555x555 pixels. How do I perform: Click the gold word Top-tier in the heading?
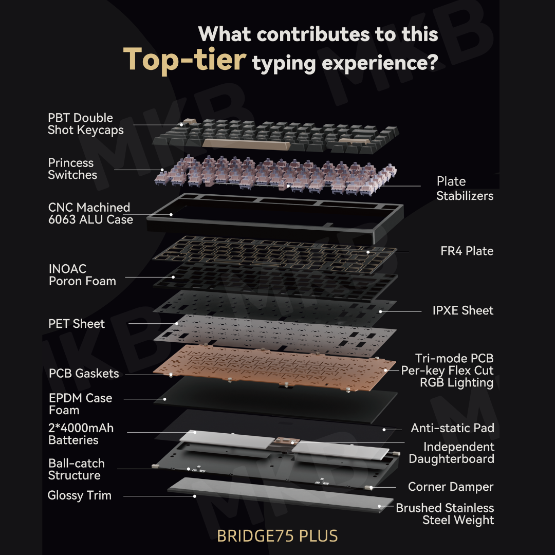coord(184,60)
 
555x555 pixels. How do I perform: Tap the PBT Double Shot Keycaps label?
coord(86,124)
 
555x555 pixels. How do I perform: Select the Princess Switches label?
coord(72,169)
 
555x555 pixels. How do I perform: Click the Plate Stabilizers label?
coord(465,188)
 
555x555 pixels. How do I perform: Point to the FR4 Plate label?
coord(467,251)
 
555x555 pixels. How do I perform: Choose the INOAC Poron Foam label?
coord(82,274)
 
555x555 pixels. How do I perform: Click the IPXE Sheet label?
coord(463,310)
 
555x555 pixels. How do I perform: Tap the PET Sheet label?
coord(77,324)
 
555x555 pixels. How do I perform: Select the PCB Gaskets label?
coord(84,374)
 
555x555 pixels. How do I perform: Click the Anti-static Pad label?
coord(452,428)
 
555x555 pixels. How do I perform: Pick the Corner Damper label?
coord(451,487)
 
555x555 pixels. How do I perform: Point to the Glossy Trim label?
coord(79,495)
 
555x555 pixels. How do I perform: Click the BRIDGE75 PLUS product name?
coord(277,536)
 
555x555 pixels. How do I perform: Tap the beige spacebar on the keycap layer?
coord(246,143)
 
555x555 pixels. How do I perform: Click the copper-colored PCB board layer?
coord(274,368)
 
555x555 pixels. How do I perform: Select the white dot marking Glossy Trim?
coord(195,496)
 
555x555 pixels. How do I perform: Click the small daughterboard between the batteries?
coord(287,441)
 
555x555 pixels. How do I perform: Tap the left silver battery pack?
coord(228,440)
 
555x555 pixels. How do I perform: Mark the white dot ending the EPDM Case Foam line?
coord(164,399)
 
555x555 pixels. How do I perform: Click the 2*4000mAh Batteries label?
coord(81,434)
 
